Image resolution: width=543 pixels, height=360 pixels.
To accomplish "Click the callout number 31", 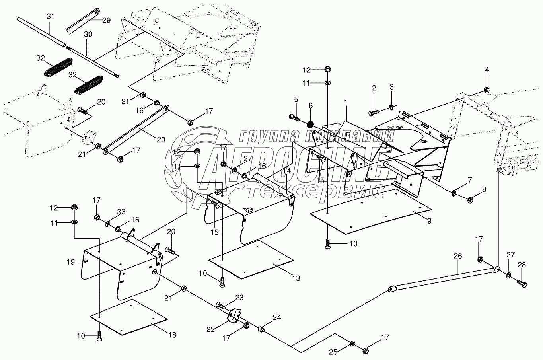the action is click(51, 16).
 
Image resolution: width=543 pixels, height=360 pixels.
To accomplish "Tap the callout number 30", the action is click(88, 35).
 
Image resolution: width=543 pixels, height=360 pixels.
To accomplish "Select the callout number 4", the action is click(487, 70).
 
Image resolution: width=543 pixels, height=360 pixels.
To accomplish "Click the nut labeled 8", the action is click(470, 200).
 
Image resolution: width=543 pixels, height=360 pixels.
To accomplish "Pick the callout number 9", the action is click(429, 221).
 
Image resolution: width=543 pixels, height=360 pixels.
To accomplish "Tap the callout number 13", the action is click(296, 278).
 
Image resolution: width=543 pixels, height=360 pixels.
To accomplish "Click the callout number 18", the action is click(172, 335).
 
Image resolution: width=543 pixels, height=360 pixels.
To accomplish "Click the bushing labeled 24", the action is click(261, 330).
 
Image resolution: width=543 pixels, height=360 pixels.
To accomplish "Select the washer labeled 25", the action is click(352, 343).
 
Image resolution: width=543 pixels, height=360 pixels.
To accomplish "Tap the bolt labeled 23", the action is click(221, 306).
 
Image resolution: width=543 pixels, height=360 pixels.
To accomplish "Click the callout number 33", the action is click(121, 212).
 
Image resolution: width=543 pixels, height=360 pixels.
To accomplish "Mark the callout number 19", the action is click(71, 262).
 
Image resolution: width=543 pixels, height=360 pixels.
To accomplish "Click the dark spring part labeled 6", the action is click(310, 125).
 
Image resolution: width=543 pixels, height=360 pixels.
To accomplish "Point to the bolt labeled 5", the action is click(294, 118).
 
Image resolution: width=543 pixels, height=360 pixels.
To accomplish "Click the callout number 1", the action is click(346, 102).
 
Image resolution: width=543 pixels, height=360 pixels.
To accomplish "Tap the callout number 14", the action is click(287, 171).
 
